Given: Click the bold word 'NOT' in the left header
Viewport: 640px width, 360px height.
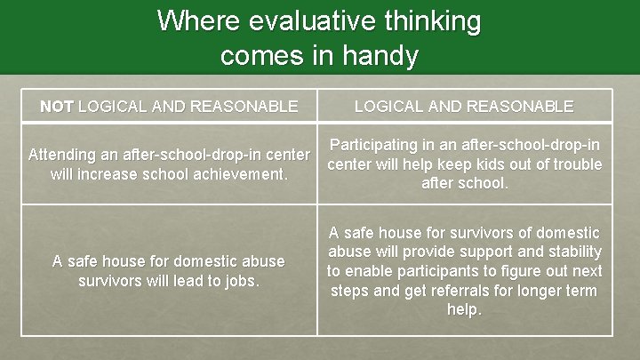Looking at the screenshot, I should point(57,107).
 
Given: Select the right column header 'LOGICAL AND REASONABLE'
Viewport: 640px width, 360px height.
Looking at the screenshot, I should point(464,107).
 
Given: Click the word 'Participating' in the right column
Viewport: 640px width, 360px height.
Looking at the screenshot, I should point(374,145).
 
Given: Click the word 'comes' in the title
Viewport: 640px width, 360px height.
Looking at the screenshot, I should point(258,56).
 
